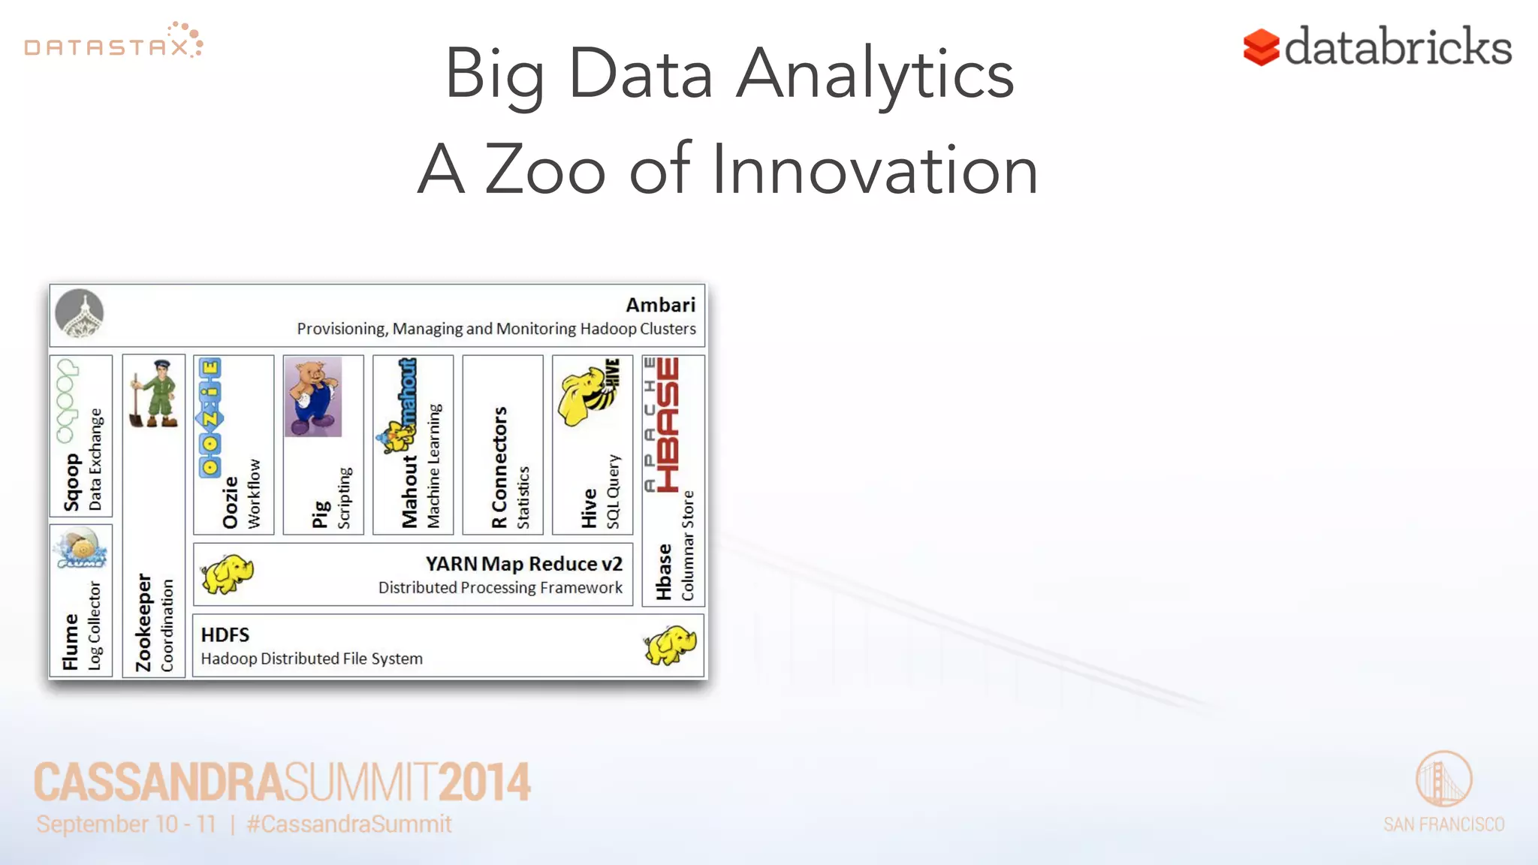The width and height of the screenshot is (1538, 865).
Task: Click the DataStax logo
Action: pos(113,41)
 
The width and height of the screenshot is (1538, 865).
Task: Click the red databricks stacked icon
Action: pos(1261,48)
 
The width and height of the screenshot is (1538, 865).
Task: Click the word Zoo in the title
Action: pos(544,170)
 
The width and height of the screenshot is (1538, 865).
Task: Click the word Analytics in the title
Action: pos(875,75)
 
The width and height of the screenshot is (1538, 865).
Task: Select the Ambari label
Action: pos(660,305)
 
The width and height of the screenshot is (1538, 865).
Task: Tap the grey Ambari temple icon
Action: pos(80,313)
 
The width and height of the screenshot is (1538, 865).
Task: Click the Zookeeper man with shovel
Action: pos(155,393)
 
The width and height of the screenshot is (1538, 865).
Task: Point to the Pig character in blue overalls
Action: pos(313,396)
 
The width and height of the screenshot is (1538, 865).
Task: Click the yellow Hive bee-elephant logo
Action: pos(590,393)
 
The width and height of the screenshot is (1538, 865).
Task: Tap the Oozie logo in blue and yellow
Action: pos(210,417)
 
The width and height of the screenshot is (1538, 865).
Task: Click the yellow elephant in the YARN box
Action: pos(227,574)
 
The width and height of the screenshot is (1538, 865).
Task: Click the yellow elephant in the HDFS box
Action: pos(670,645)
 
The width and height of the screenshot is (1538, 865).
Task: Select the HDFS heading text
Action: pos(225,635)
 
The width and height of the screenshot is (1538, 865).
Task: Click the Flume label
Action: pos(71,641)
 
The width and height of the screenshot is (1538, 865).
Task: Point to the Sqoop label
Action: pos(71,483)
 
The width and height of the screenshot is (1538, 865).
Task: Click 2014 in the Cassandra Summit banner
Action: pos(484,782)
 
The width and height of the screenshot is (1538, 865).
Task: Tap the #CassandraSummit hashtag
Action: pos(349,824)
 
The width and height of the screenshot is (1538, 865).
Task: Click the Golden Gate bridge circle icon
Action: pos(1443,779)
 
